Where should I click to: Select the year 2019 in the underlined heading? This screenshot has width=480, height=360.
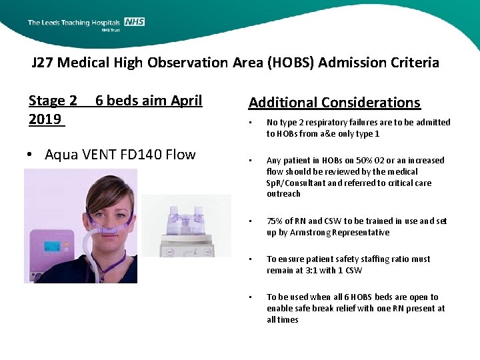click(x=45, y=119)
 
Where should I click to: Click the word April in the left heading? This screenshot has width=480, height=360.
click(x=187, y=101)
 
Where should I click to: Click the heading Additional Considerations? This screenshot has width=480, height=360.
click(x=334, y=103)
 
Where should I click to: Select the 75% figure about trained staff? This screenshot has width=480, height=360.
click(x=275, y=221)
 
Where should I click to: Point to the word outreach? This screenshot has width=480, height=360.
click(x=283, y=194)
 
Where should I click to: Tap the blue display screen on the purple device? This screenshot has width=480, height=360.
click(x=53, y=246)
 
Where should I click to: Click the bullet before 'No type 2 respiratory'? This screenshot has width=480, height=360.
click(x=250, y=123)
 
